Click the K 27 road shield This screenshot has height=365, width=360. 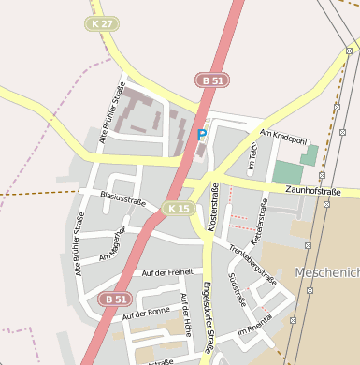pos(102,23)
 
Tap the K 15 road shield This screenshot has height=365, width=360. pos(177,208)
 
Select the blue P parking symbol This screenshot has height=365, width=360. pos(201,135)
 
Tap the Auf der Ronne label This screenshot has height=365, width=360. pos(146,313)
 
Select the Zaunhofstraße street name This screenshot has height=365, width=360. pos(312,191)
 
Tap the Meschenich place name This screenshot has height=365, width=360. pos(326,272)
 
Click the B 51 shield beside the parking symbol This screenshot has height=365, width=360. pos(211,81)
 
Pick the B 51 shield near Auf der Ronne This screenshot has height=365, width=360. pos(114,299)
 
